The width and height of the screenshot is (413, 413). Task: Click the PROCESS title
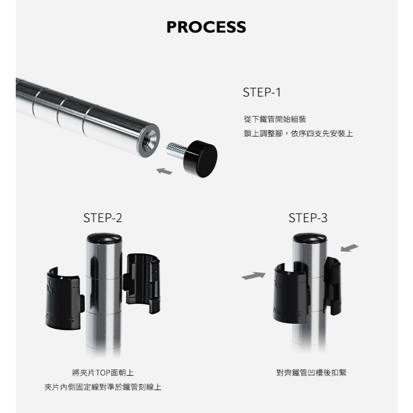[206, 27]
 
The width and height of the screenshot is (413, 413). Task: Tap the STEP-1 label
[262, 93]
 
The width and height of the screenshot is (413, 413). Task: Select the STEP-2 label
[103, 218]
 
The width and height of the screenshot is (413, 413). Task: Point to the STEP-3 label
[308, 218]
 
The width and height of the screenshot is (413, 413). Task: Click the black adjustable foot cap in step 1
[201, 159]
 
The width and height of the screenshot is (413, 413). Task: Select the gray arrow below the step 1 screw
[164, 171]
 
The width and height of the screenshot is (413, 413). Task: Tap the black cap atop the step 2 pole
[104, 238]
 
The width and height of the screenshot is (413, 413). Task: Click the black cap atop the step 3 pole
[310, 238]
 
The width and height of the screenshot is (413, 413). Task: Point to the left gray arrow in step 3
[254, 275]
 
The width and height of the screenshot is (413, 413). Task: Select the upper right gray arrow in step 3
[349, 248]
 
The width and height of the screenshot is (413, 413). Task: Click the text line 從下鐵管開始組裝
[275, 119]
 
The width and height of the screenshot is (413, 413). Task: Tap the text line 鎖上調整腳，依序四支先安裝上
[298, 134]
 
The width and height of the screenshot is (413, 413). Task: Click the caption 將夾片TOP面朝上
[103, 373]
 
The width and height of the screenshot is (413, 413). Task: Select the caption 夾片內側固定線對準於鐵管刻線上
[103, 387]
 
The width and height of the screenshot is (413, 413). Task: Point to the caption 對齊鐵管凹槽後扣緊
[311, 373]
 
